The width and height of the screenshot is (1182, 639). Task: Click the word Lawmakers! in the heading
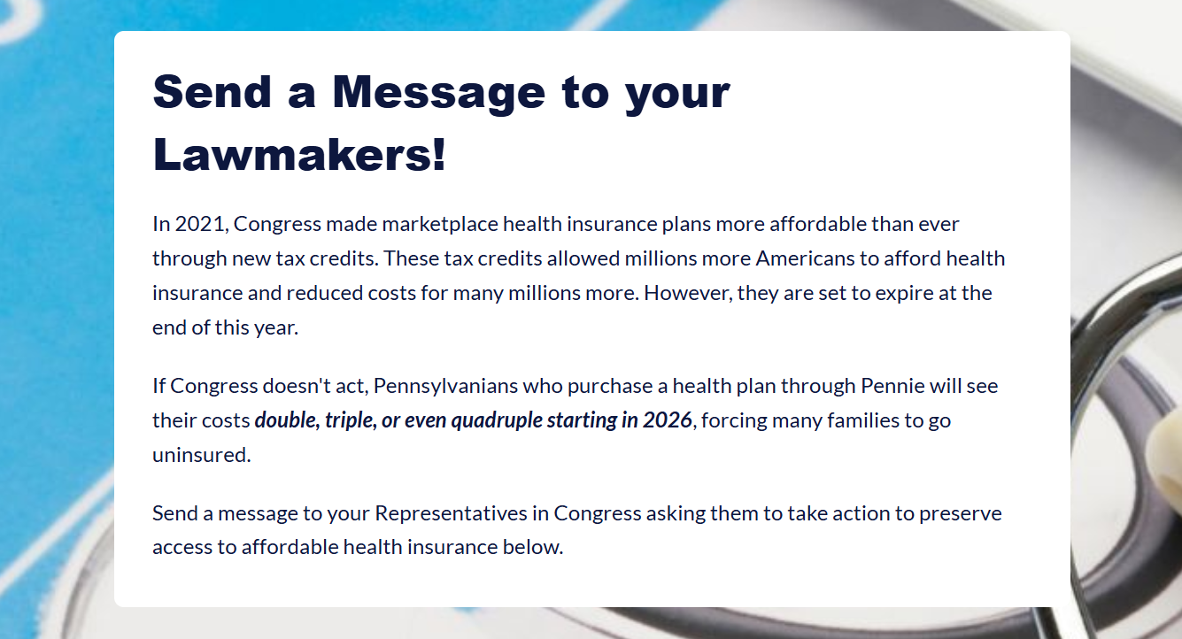click(299, 156)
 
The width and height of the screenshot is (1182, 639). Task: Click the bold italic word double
click(286, 420)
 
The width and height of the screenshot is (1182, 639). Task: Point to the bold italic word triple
click(350, 420)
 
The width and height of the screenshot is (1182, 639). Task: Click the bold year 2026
click(668, 420)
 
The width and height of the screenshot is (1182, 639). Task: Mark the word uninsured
click(201, 455)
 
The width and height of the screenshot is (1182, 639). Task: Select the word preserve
click(960, 514)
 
